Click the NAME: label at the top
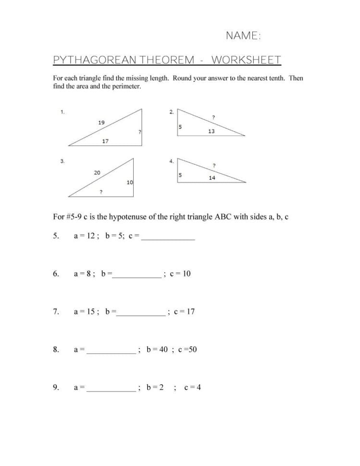[243, 36]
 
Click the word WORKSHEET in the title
[246, 60]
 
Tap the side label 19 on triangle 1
[101, 123]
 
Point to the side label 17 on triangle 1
[105, 141]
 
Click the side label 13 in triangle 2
[211, 131]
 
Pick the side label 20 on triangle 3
[97, 172]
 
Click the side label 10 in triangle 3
[129, 183]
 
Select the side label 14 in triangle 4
[212, 178]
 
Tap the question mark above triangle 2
[213, 117]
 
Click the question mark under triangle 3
[100, 191]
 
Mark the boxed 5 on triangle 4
[180, 175]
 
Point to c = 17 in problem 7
[185, 311]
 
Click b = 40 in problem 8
[157, 349]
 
